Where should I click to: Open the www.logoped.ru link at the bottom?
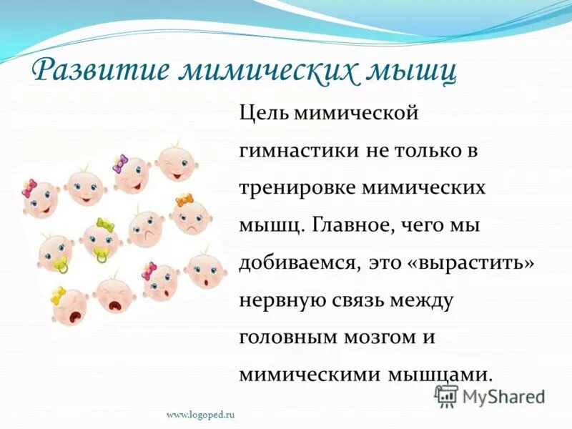(201, 414)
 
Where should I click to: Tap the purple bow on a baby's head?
(119, 163)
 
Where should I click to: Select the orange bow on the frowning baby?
(184, 199)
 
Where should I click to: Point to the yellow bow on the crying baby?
(58, 294)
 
